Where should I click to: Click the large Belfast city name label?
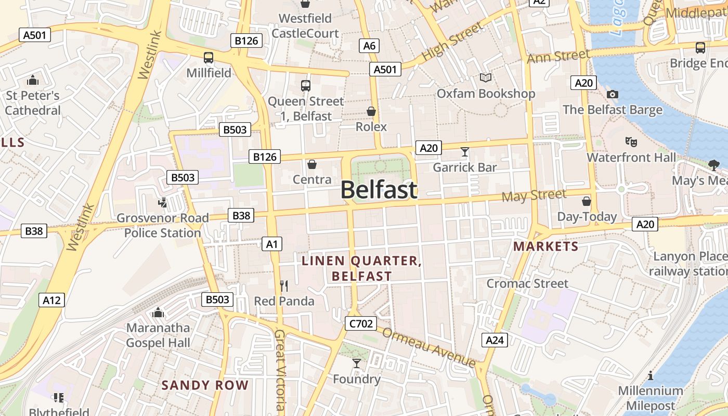(379, 190)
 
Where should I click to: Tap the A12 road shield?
(51, 300)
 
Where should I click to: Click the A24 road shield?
(494, 340)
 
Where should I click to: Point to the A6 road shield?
(369, 46)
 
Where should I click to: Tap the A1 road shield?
(272, 244)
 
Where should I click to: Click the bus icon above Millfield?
(209, 58)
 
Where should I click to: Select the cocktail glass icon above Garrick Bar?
(465, 152)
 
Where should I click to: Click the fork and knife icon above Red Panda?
(284, 285)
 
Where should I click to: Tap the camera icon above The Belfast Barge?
(613, 94)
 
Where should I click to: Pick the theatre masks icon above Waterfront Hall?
(631, 141)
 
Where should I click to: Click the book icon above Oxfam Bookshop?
(486, 78)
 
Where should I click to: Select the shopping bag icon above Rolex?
(371, 111)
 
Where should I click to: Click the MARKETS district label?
(545, 246)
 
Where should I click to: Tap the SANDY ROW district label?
(205, 385)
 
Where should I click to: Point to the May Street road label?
(534, 196)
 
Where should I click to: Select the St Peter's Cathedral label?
(33, 103)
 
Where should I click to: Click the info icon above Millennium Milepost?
(651, 375)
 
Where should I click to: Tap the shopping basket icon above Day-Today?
(587, 201)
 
